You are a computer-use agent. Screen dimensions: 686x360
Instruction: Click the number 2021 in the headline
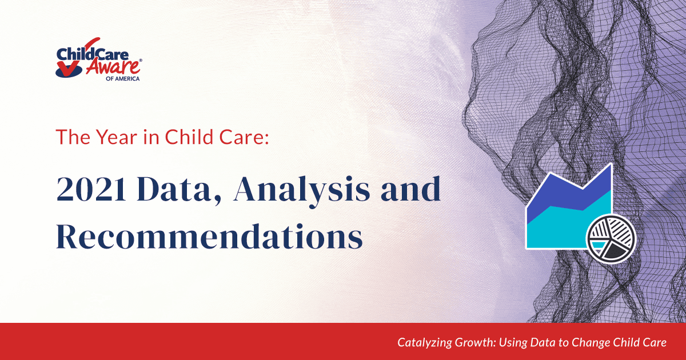pos(91,189)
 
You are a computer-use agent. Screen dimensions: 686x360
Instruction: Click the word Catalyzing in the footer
pos(425,342)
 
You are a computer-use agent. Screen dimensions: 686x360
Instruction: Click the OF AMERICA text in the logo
pos(122,79)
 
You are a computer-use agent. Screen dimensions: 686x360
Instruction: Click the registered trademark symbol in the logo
pos(141,61)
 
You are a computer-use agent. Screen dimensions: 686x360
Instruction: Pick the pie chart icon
pos(611,238)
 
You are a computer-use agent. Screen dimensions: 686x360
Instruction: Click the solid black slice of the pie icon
pos(616,251)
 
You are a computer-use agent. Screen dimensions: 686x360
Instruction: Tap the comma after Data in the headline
pos(217,199)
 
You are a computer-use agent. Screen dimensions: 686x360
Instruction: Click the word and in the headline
pos(410,189)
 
